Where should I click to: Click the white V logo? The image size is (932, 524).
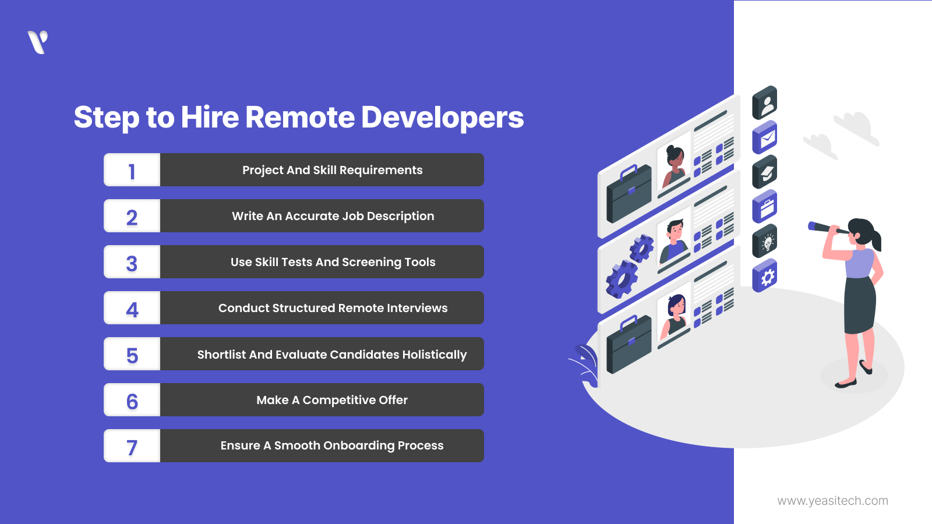[x=38, y=42]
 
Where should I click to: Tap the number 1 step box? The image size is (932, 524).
[x=132, y=170]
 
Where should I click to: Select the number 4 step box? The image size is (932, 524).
[x=132, y=308]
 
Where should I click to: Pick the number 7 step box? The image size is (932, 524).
[x=132, y=446]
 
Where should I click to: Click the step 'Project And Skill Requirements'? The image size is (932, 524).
[x=332, y=170]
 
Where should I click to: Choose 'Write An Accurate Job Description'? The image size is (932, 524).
[x=333, y=216]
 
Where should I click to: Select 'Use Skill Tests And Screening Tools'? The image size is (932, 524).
[x=333, y=262]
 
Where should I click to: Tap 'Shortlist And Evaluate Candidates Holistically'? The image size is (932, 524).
[x=332, y=354]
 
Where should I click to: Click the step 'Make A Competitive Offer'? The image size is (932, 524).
[x=332, y=400]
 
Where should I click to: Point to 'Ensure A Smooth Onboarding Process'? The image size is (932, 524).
[x=332, y=446]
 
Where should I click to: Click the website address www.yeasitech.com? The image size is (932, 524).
[x=832, y=501]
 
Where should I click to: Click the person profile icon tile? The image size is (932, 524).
[x=765, y=103]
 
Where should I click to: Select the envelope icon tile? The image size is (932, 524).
[x=765, y=137]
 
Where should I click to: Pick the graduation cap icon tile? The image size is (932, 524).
[x=765, y=172]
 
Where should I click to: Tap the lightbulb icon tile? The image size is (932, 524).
[x=765, y=240]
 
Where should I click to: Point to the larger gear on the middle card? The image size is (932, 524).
[x=622, y=279]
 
